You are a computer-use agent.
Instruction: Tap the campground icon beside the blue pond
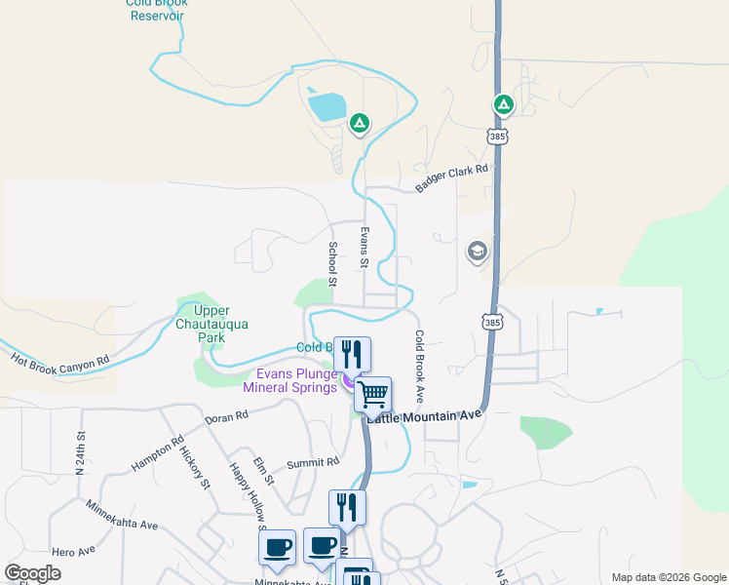pos(360,123)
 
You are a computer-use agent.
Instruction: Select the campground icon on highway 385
pos(503,104)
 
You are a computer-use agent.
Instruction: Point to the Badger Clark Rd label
pos(450,177)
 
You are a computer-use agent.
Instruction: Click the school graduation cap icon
pos(477,252)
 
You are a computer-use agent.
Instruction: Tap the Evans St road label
pos(364,248)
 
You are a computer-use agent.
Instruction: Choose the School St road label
pos(333,263)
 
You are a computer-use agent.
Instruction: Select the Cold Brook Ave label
pos(419,367)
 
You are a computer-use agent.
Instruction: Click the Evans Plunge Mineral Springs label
pos(297,380)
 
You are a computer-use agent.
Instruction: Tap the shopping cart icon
pos(373,395)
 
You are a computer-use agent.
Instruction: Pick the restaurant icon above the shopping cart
pos(352,354)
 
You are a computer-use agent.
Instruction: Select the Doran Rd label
pos(227,416)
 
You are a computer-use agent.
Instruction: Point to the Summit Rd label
pos(312,462)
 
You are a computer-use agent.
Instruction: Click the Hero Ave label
pos(74,552)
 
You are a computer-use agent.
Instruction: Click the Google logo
pos(32,573)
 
